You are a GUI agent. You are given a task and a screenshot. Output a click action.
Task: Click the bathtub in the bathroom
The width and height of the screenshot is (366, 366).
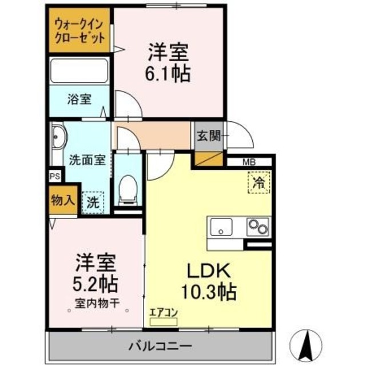coord(79,71)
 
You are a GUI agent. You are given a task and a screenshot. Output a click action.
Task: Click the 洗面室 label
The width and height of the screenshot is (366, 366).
coord(87,160)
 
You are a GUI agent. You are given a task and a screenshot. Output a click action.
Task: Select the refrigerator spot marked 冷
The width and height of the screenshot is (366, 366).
coord(258,184)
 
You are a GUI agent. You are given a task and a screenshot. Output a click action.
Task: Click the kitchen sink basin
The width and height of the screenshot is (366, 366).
coord(221,227)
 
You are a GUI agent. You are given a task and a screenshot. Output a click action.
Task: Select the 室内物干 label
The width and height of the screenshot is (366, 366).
coord(96,303)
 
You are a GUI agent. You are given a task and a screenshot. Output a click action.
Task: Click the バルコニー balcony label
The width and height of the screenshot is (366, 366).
coord(160,346)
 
